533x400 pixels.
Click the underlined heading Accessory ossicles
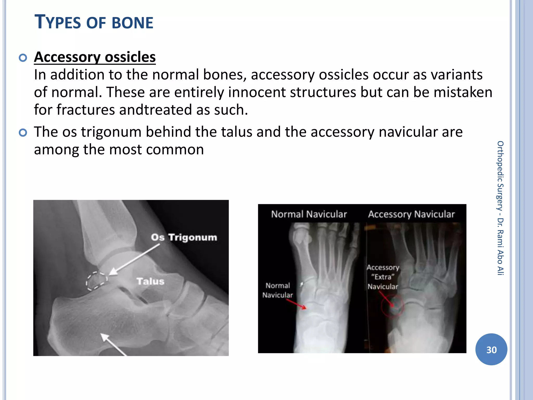[x=95, y=57]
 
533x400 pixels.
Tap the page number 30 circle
[x=491, y=349]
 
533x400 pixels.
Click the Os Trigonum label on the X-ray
[x=184, y=237]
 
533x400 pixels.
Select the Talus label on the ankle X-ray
[x=150, y=281]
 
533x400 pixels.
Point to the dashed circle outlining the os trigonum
[x=97, y=281]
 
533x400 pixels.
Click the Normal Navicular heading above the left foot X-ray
[x=309, y=214]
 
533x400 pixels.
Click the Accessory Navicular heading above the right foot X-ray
[x=411, y=214]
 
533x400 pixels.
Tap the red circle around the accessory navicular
[x=392, y=306]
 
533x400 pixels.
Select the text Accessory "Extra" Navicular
[x=383, y=277]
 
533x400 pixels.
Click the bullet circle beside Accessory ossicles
[x=23, y=58]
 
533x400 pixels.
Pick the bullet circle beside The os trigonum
[x=23, y=133]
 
